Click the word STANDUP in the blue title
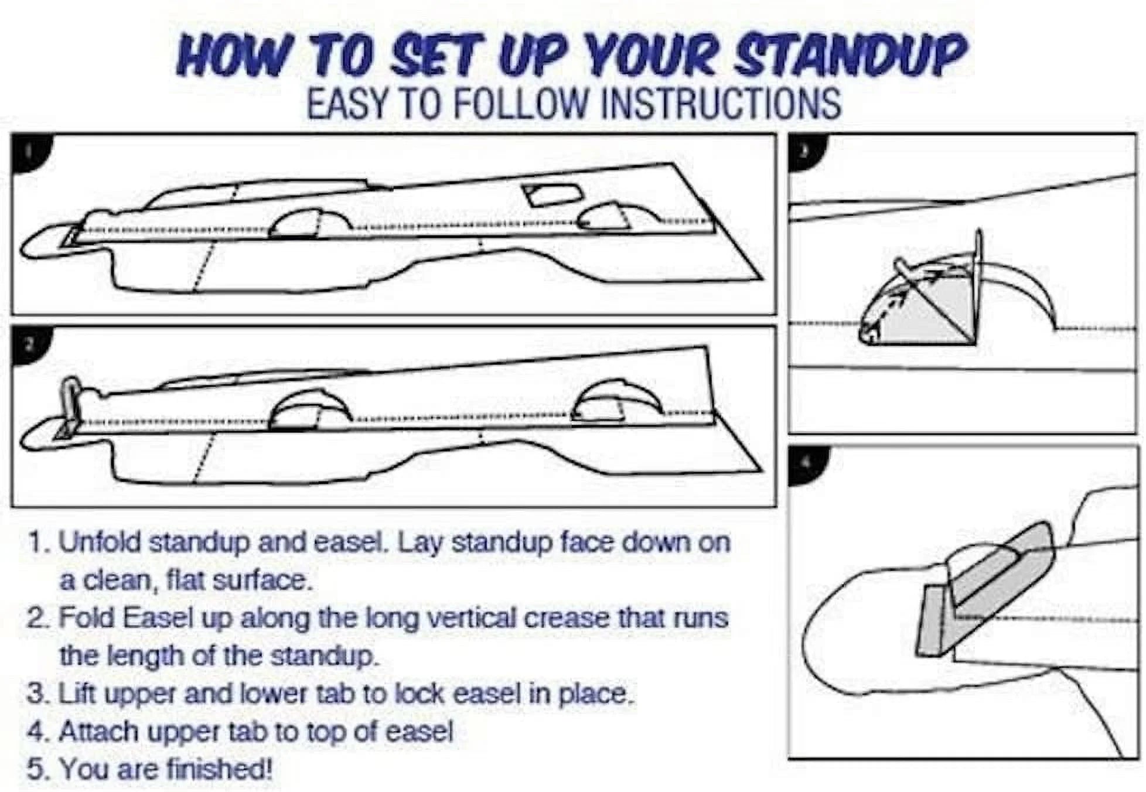point(849,55)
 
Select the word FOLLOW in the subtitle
point(520,104)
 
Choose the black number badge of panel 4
point(807,464)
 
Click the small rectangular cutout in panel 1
point(553,194)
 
